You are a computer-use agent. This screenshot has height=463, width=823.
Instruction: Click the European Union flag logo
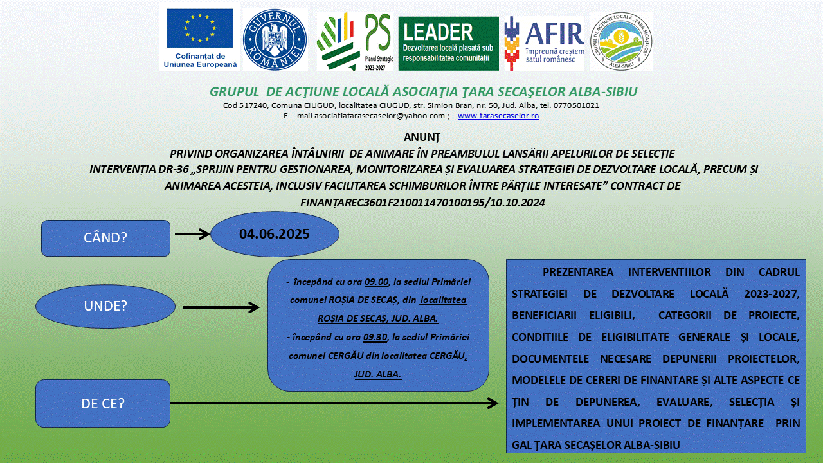pyautogui.click(x=200, y=37)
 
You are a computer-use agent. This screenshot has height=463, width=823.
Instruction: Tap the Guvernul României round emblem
pyautogui.click(x=275, y=40)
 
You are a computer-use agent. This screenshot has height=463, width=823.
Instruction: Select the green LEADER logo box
pyautogui.click(x=449, y=43)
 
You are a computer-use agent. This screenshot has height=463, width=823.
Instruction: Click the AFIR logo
pyautogui.click(x=544, y=43)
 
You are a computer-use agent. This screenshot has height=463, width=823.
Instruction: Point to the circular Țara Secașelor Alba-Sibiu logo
pyautogui.click(x=621, y=41)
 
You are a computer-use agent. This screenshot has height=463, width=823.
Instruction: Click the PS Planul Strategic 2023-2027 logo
pyautogui.click(x=355, y=41)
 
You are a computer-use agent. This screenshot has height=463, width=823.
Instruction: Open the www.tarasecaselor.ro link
pyautogui.click(x=498, y=116)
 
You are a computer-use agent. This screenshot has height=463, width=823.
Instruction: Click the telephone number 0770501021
pyautogui.click(x=576, y=105)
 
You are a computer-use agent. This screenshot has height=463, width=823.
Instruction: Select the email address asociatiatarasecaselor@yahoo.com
pyautogui.click(x=379, y=116)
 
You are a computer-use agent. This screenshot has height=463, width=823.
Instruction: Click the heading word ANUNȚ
pyautogui.click(x=422, y=137)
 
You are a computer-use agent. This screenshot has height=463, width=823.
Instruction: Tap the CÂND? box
pyautogui.click(x=105, y=238)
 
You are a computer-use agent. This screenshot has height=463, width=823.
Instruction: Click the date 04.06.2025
pyautogui.click(x=275, y=234)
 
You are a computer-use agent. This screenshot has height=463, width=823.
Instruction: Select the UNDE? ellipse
pyautogui.click(x=105, y=306)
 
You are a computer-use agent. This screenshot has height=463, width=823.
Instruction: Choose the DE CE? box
pyautogui.click(x=103, y=403)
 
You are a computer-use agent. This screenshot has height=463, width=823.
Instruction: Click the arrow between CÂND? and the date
pyautogui.click(x=192, y=234)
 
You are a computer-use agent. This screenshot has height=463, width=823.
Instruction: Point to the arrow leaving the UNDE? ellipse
pyautogui.click(x=221, y=307)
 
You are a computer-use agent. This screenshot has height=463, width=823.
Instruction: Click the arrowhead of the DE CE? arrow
pyautogui.click(x=493, y=403)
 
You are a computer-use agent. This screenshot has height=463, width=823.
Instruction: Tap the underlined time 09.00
pyautogui.click(x=377, y=282)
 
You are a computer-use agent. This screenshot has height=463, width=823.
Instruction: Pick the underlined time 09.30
pyautogui.click(x=375, y=338)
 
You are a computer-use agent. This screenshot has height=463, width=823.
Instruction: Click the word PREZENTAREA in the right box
pyautogui.click(x=578, y=272)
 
